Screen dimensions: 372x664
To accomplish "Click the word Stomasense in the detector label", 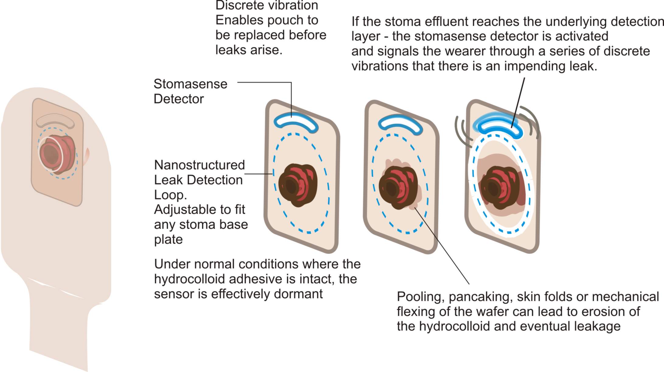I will [x=190, y=84].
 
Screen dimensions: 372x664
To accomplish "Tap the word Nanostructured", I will [x=199, y=165].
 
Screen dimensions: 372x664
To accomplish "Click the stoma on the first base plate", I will [x=298, y=186].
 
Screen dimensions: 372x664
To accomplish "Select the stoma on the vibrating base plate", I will [x=499, y=187].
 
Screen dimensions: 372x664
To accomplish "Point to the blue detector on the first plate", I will [x=296, y=122].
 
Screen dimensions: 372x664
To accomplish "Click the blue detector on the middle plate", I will [x=400, y=124].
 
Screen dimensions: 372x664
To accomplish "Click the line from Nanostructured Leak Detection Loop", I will [x=259, y=174].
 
